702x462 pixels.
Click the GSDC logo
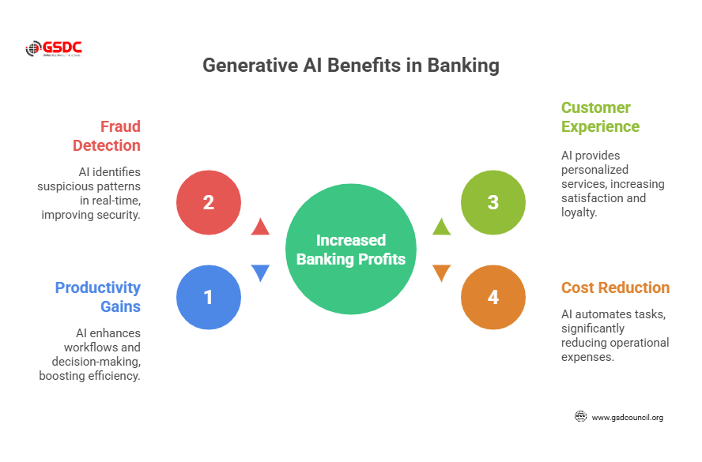tap(55, 49)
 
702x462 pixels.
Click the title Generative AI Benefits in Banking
tap(350, 66)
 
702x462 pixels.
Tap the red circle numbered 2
tap(208, 202)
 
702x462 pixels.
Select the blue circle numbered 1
tap(208, 297)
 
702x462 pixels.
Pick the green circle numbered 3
tap(493, 202)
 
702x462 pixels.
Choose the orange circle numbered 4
tap(493, 297)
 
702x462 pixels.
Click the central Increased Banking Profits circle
tap(350, 250)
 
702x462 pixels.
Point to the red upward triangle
tap(260, 227)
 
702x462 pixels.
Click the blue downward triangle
tap(260, 273)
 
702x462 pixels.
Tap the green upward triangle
tap(441, 227)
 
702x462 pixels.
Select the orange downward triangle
tap(441, 273)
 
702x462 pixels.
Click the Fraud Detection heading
tap(107, 136)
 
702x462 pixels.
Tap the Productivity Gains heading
tap(98, 297)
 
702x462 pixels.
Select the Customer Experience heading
tap(600, 117)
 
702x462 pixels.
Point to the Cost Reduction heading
tap(615, 287)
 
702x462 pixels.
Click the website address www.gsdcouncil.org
tap(627, 417)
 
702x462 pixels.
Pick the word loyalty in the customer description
tap(579, 212)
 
